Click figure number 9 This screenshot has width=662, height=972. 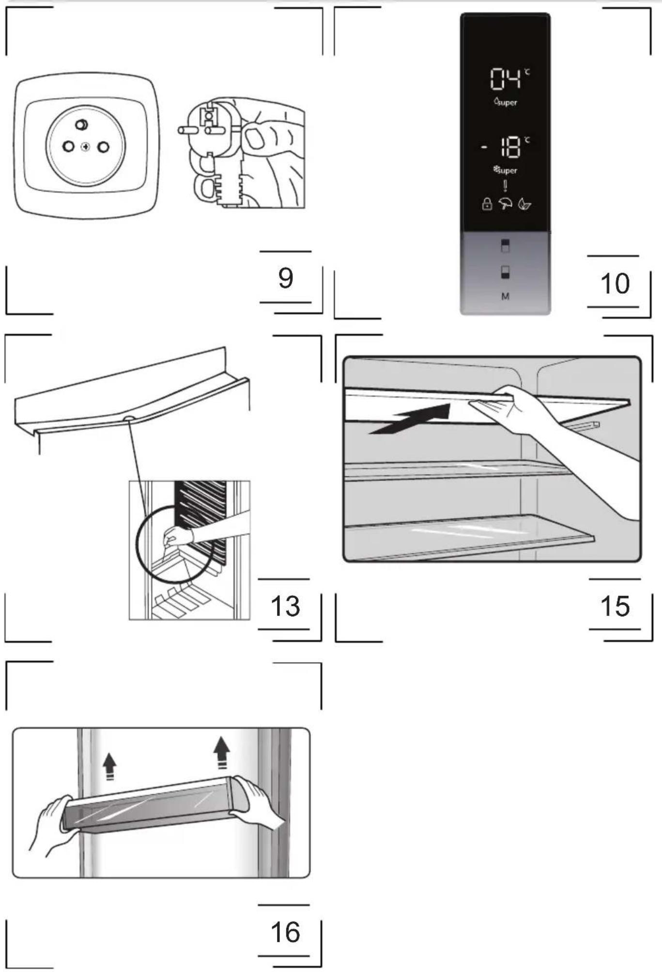(x=286, y=278)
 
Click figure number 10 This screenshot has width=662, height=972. (x=615, y=283)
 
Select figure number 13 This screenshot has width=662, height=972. (x=285, y=606)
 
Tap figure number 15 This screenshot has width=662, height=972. (x=615, y=606)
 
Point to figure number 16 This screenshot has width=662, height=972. (x=285, y=932)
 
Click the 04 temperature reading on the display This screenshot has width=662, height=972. (x=506, y=79)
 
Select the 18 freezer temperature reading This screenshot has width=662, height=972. (x=510, y=147)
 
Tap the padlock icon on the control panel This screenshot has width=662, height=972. (x=487, y=204)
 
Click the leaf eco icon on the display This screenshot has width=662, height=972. (x=524, y=204)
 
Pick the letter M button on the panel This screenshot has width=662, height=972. (x=505, y=296)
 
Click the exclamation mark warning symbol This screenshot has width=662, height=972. (x=505, y=186)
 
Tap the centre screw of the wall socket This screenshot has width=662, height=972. (x=86, y=147)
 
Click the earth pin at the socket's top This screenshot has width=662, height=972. (x=81, y=125)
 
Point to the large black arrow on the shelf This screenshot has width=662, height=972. (x=410, y=419)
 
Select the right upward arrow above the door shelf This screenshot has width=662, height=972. (x=222, y=752)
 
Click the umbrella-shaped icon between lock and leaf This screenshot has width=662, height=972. (x=506, y=204)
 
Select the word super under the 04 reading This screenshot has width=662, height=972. (x=507, y=103)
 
